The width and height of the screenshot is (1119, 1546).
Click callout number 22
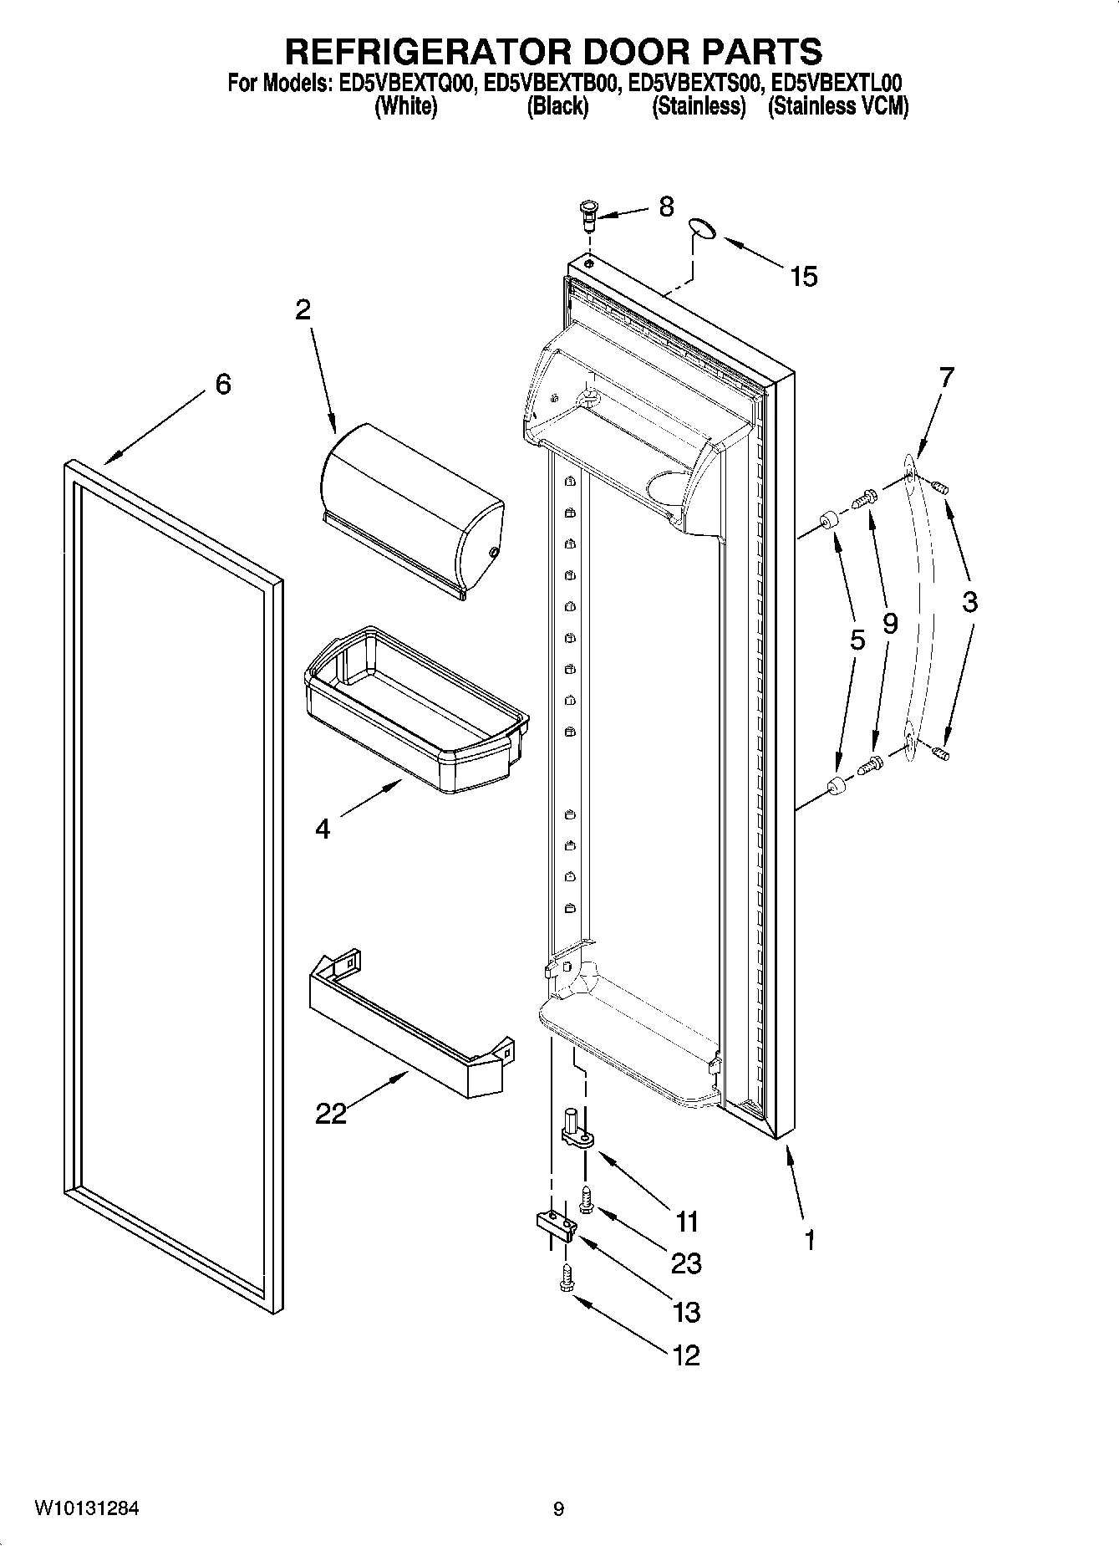[330, 1114]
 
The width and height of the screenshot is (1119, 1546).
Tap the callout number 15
[804, 276]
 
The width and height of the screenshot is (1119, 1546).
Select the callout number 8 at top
[666, 207]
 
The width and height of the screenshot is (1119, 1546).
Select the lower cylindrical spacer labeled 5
[836, 785]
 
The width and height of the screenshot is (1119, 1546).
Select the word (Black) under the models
[557, 107]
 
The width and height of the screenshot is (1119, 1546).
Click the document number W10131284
[87, 1508]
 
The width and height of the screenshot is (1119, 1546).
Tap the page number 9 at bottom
[558, 1509]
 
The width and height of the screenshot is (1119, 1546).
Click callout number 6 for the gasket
[222, 384]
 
